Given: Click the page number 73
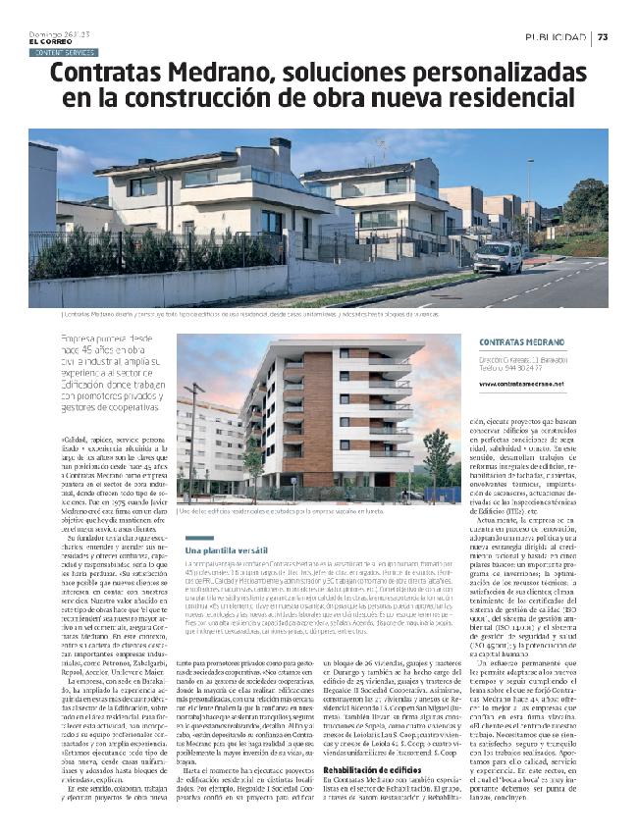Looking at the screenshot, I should tap(603, 37).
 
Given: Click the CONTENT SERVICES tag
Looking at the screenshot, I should tap(65, 52).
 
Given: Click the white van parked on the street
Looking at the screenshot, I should tap(499, 257).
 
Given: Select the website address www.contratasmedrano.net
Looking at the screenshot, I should tap(521, 384).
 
